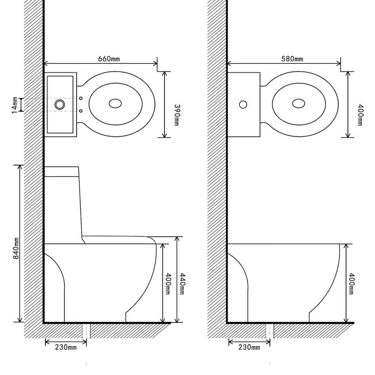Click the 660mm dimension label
pyautogui.click(x=109, y=59)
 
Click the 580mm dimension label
pyautogui.click(x=292, y=59)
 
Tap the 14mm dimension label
pyautogui.click(x=14, y=105)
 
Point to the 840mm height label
pyautogui.click(x=16, y=248)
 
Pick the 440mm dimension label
pyautogui.click(x=182, y=284)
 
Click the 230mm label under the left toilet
pyautogui.click(x=66, y=347)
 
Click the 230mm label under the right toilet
pyautogui.click(x=249, y=347)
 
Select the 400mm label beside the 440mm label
pyautogui.click(x=168, y=284)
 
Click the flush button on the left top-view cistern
pyautogui.click(x=59, y=105)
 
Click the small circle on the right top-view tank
pyautogui.click(x=243, y=105)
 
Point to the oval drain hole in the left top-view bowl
pyautogui.click(x=115, y=104)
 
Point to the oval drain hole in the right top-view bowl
pyautogui.click(x=299, y=104)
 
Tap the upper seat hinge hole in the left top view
pyautogui.click(x=81, y=98)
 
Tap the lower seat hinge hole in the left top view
pyautogui.click(x=81, y=111)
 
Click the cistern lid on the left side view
pyautogui.click(x=62, y=171)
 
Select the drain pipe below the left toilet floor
pyautogui.click(x=86, y=331)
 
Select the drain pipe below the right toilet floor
pyautogui.click(x=270, y=331)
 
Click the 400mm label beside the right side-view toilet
pyautogui.click(x=351, y=284)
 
